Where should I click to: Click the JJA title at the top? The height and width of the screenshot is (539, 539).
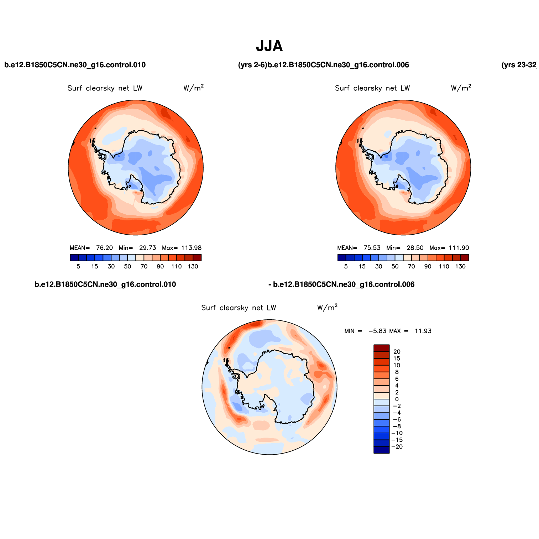[269, 46]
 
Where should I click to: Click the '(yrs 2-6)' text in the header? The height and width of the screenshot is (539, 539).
[252, 65]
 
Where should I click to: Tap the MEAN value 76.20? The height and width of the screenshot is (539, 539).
[104, 248]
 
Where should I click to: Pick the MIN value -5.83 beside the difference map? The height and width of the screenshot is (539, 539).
[377, 331]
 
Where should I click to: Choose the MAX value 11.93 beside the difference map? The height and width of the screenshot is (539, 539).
[423, 331]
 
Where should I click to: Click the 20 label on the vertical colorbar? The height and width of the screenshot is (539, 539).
[397, 352]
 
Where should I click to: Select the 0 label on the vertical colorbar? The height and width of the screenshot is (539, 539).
[397, 399]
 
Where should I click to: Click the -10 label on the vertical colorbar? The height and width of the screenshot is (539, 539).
[397, 433]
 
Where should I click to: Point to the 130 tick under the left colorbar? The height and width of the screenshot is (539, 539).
[193, 266]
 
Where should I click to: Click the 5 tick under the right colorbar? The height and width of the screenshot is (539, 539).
[346, 266]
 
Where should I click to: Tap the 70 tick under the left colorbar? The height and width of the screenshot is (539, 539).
[144, 266]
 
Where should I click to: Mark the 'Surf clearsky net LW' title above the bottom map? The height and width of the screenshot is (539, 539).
[239, 308]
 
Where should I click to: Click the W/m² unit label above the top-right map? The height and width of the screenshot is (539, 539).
[461, 88]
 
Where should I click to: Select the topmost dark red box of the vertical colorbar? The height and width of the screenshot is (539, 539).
[381, 348]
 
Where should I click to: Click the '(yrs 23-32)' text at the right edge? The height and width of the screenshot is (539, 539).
[519, 65]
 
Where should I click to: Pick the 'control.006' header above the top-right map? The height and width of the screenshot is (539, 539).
[338, 65]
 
